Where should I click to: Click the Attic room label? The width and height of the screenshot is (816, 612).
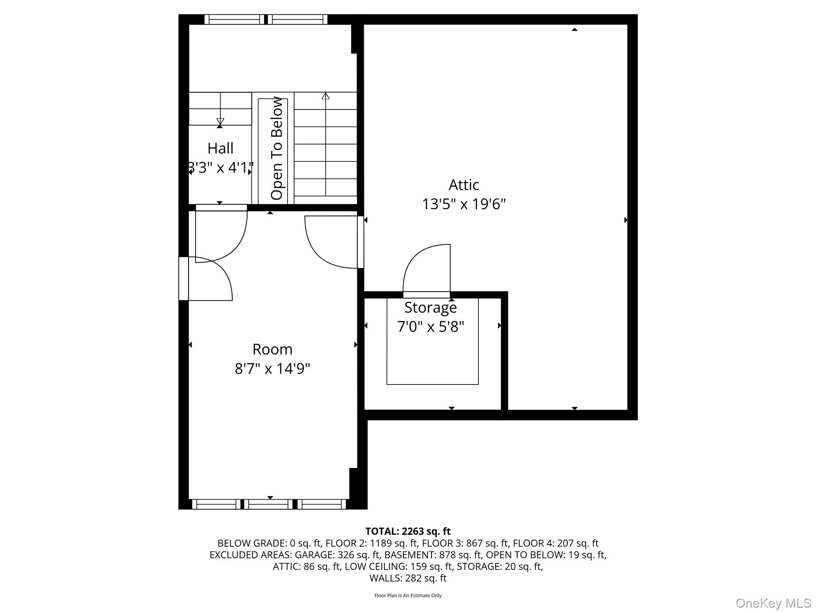tap(464, 185)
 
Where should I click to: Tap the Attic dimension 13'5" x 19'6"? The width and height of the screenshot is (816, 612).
tap(464, 204)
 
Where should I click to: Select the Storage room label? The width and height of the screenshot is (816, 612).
tap(430, 308)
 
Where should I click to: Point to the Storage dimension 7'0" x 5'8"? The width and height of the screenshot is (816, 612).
tap(430, 327)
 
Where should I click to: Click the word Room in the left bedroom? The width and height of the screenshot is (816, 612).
tap(273, 349)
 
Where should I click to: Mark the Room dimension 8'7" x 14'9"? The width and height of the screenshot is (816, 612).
tap(273, 369)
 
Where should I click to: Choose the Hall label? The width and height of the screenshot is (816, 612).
tap(220, 149)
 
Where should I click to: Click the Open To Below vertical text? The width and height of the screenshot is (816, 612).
tap(277, 148)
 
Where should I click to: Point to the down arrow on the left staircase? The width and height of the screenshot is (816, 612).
tap(220, 121)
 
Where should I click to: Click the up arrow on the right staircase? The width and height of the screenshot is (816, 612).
tap(326, 96)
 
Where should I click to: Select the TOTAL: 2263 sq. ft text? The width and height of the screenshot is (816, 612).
tap(408, 531)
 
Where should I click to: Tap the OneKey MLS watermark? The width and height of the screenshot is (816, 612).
tap(773, 603)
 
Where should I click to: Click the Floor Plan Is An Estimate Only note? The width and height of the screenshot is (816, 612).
tap(408, 595)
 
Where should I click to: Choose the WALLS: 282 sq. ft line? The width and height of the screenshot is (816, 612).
tap(408, 578)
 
